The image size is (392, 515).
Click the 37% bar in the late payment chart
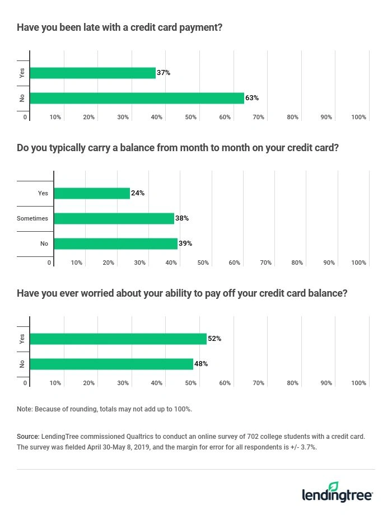(x=92, y=73)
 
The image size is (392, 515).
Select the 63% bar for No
(x=137, y=98)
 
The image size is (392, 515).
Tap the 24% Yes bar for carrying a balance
(x=92, y=193)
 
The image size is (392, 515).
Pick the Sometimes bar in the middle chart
(x=114, y=218)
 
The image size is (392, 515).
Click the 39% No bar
(x=115, y=244)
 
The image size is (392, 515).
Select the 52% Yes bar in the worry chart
(x=118, y=339)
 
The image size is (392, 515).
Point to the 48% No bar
(x=111, y=364)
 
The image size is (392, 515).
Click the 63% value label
(x=252, y=98)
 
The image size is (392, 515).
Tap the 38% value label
(x=182, y=218)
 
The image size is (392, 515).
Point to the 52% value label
(x=214, y=339)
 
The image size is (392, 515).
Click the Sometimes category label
(x=32, y=218)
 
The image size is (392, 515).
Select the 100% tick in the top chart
(x=358, y=117)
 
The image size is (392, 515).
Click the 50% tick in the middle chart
(x=203, y=263)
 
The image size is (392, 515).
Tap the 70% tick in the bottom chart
(x=258, y=383)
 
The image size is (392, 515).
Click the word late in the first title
(x=97, y=27)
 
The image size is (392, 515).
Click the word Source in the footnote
(x=27, y=436)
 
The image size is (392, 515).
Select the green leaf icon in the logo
(x=334, y=486)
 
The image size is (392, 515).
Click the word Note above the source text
(x=24, y=409)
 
